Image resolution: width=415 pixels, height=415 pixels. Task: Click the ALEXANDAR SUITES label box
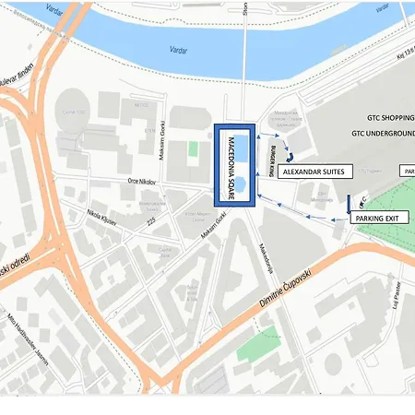314,172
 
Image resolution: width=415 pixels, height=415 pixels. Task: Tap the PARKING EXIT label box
379,218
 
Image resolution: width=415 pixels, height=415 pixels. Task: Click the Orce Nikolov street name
145,182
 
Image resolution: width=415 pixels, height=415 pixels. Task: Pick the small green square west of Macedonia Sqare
194,148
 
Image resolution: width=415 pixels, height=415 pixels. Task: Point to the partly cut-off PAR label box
407,172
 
